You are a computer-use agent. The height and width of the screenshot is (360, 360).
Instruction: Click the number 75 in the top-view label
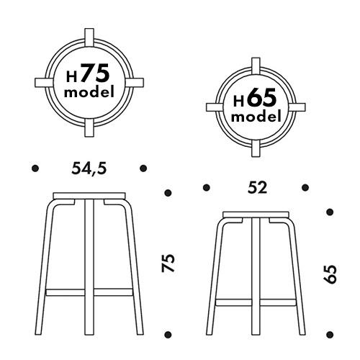tap(94, 74)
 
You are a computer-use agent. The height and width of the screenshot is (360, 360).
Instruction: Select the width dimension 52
tap(257, 188)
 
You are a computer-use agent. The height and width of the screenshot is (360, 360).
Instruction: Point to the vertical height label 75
tap(168, 263)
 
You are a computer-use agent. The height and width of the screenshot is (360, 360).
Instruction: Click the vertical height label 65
tap(330, 274)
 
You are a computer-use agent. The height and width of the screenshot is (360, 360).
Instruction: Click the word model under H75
tap(89, 93)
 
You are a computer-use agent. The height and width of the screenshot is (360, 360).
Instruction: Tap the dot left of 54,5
tap(34, 168)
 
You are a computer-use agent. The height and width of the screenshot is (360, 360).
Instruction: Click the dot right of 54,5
tap(143, 168)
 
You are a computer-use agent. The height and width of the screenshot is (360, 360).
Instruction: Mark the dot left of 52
tap(207, 188)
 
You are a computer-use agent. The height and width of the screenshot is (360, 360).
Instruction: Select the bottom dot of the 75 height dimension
tap(168, 333)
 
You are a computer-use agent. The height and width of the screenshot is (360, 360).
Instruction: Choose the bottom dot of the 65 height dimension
tap(330, 333)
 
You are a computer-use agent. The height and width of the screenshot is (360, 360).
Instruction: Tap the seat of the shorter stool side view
tap(257, 214)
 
